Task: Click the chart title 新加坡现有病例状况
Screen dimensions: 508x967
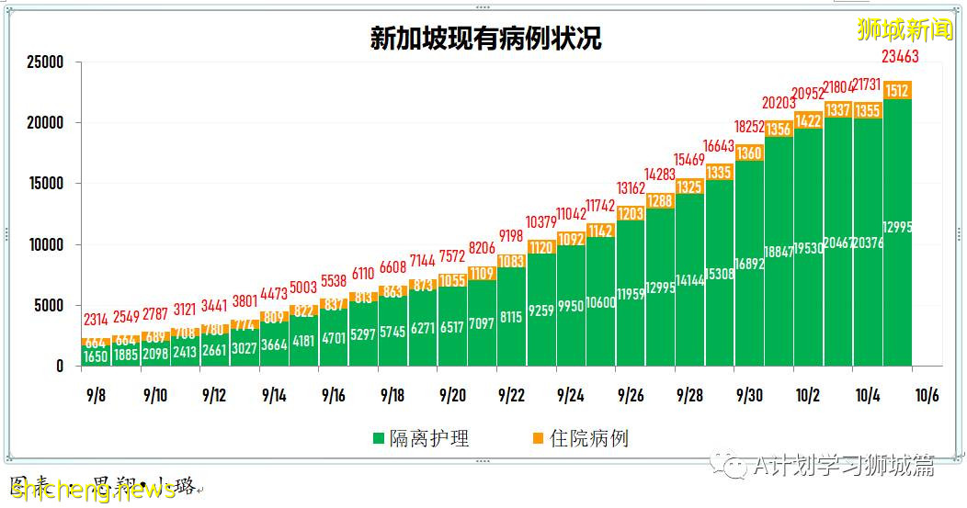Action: pos(485,39)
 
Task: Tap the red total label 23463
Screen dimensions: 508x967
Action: pos(899,57)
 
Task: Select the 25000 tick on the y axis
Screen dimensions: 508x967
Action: pos(45,62)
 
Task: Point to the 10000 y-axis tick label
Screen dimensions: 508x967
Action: pos(45,245)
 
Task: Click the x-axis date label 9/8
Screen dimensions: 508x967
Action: pos(95,395)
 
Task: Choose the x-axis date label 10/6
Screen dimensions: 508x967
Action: pos(927,395)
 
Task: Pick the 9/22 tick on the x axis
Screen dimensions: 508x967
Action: pos(511,395)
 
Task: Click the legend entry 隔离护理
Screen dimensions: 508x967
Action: pos(422,439)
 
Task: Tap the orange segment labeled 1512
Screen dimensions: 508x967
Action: pos(898,90)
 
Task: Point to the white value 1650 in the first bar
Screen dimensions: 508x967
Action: pos(96,356)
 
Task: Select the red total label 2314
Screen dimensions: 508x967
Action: pos(96,320)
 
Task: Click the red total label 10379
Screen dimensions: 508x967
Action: pos(541,222)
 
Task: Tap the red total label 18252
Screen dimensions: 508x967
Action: pos(748,127)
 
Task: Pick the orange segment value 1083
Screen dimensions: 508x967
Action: pos(511,262)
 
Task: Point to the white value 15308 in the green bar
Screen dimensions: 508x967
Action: pos(719,274)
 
